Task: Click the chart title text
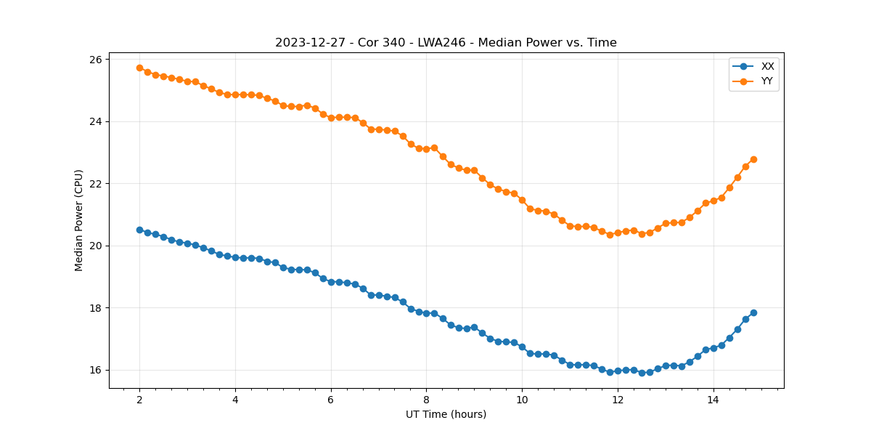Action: [x=446, y=43]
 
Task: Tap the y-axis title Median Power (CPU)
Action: [x=79, y=220]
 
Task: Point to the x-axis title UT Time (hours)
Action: [x=446, y=414]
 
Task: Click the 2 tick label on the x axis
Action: [x=139, y=400]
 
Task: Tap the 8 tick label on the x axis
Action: [x=426, y=400]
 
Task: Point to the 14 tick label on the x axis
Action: [x=713, y=400]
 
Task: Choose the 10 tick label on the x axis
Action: [x=522, y=400]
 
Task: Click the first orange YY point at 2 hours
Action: [x=139, y=68]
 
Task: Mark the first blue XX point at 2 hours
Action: [x=139, y=230]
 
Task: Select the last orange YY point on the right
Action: [x=753, y=159]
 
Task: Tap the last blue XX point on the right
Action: [x=753, y=312]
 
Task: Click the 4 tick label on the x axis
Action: [x=235, y=400]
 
